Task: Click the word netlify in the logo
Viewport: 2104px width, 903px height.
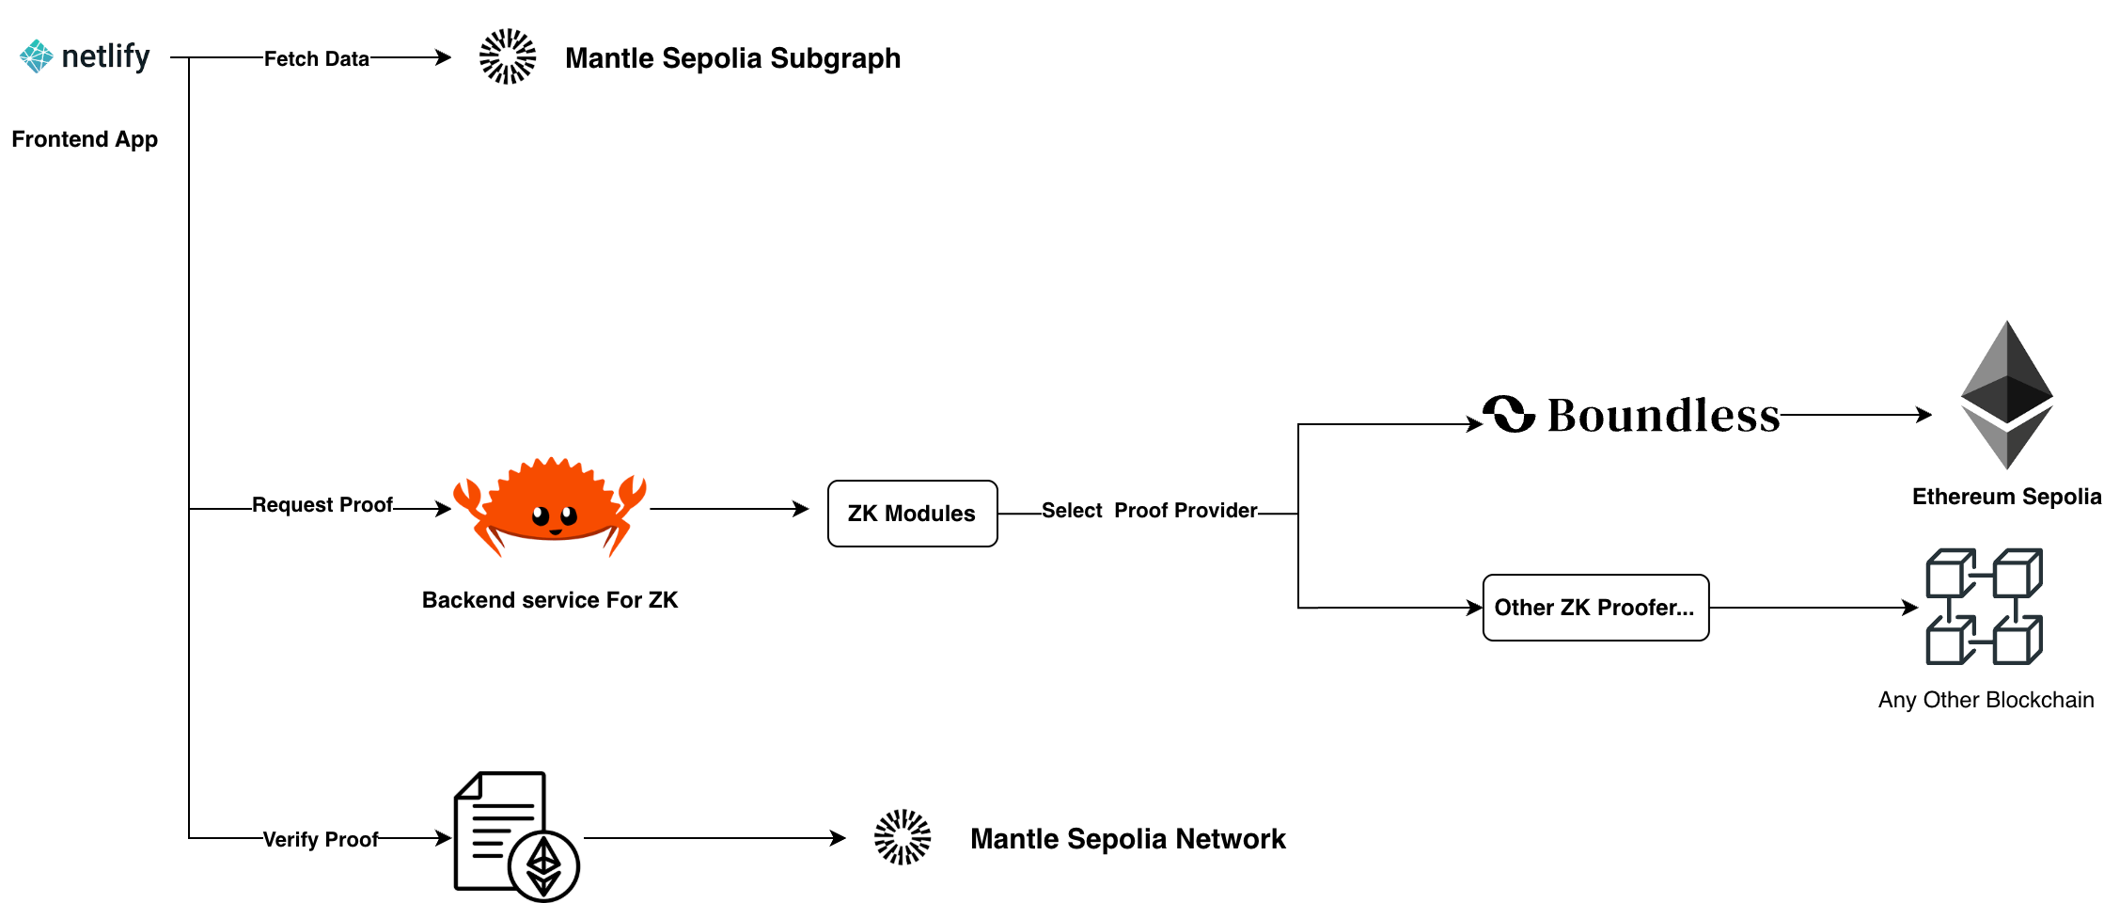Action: click(x=105, y=56)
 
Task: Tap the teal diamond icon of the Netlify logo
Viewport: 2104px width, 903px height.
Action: click(x=37, y=56)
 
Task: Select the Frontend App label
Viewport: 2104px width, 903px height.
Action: click(x=86, y=140)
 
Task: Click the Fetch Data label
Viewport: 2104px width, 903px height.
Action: click(x=317, y=59)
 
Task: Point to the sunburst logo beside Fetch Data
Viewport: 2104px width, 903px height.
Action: click(x=508, y=56)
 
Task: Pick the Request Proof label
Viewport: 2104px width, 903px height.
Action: click(x=322, y=505)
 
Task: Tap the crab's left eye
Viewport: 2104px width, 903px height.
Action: click(x=541, y=515)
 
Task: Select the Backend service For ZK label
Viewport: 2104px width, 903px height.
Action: click(x=551, y=601)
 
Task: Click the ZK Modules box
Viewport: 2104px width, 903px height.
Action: click(x=912, y=514)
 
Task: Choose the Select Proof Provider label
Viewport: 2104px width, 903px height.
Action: click(x=1149, y=511)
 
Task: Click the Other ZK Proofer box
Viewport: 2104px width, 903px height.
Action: click(x=1595, y=608)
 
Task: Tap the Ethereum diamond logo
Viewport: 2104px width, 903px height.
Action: click(x=2006, y=395)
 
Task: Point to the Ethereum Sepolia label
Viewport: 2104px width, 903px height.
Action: click(x=2006, y=498)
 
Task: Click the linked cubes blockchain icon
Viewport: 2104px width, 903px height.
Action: click(x=1984, y=607)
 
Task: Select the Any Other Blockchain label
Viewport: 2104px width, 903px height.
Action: click(x=1986, y=700)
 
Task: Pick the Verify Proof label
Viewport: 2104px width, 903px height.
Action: click(x=321, y=840)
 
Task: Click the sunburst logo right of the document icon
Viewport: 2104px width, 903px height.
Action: click(x=903, y=837)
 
